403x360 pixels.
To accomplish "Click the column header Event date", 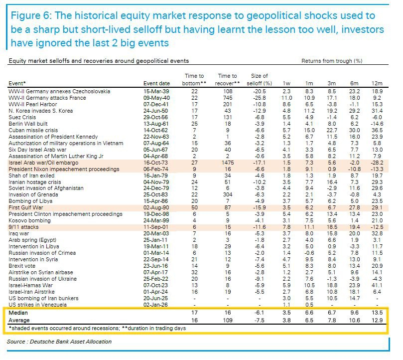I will (156, 83).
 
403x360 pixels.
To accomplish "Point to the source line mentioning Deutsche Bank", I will (59, 342).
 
